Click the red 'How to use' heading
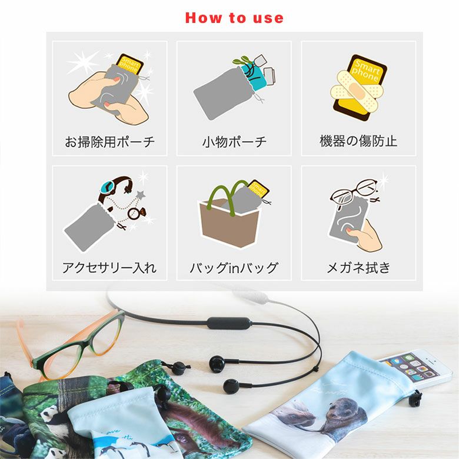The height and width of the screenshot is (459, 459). (234, 18)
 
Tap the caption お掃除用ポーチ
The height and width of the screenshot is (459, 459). (110, 142)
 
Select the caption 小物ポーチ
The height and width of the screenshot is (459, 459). (234, 142)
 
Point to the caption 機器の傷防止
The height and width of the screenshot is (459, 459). (358, 141)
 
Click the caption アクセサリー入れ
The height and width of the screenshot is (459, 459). (109, 268)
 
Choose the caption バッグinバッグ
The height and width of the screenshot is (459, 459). (234, 268)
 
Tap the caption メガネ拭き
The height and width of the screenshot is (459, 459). (358, 268)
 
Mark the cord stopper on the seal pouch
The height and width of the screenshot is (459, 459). (415, 399)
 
